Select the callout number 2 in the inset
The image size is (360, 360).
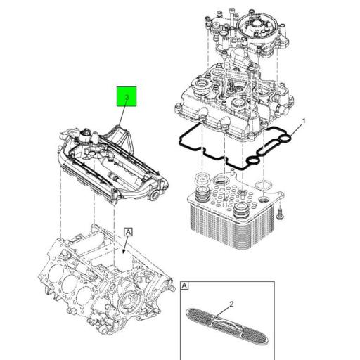230,304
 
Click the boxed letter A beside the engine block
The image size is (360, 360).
127,231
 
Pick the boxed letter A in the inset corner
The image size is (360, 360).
184,286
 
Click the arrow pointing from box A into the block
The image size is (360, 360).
124,243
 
